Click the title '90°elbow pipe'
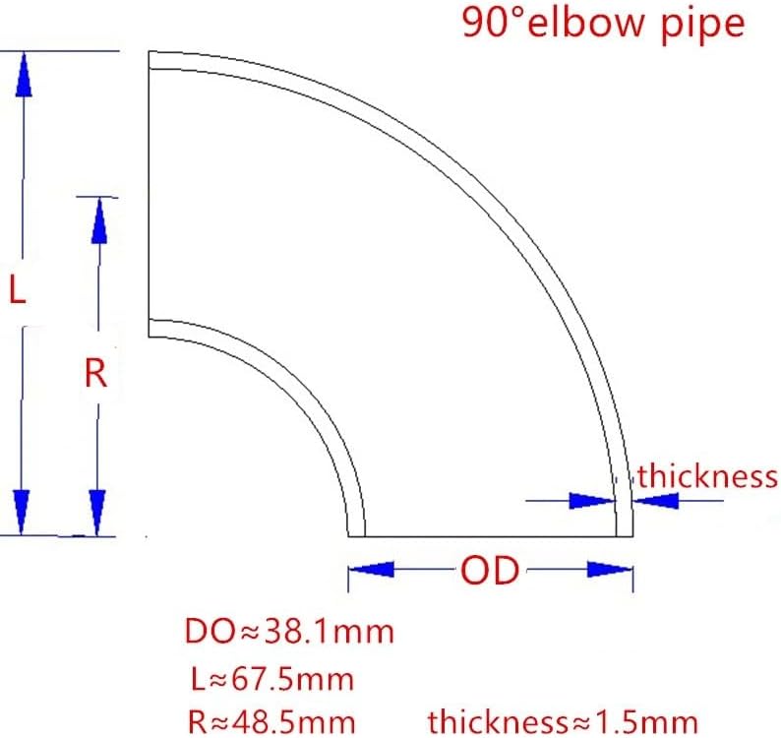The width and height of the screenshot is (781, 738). click(x=603, y=24)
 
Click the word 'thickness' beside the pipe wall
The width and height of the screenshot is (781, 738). click(x=707, y=477)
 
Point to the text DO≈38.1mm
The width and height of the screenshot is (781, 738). click(x=289, y=631)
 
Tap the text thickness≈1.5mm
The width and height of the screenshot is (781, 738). click(x=563, y=720)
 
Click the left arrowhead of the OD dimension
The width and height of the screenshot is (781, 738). click(x=373, y=570)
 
